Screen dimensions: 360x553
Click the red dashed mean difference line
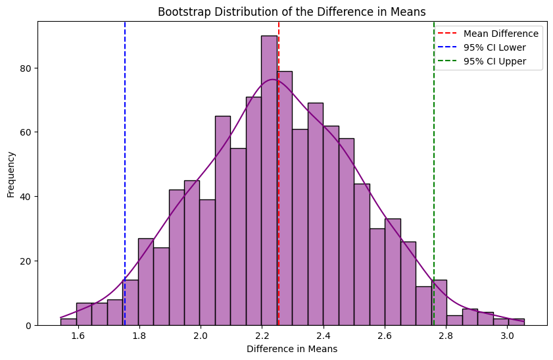click(x=279, y=197)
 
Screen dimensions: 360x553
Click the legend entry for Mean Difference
click(x=500, y=34)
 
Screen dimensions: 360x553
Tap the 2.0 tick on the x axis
click(x=201, y=336)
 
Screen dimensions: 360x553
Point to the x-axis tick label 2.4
click(x=324, y=336)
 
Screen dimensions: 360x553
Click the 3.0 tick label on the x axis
click(x=508, y=336)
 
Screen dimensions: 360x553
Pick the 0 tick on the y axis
click(x=30, y=325)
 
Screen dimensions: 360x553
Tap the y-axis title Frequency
click(x=11, y=174)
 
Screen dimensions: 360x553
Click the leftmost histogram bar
click(x=68, y=322)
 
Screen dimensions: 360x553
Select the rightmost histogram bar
click(x=516, y=322)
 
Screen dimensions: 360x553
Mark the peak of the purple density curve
click(x=272, y=80)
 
